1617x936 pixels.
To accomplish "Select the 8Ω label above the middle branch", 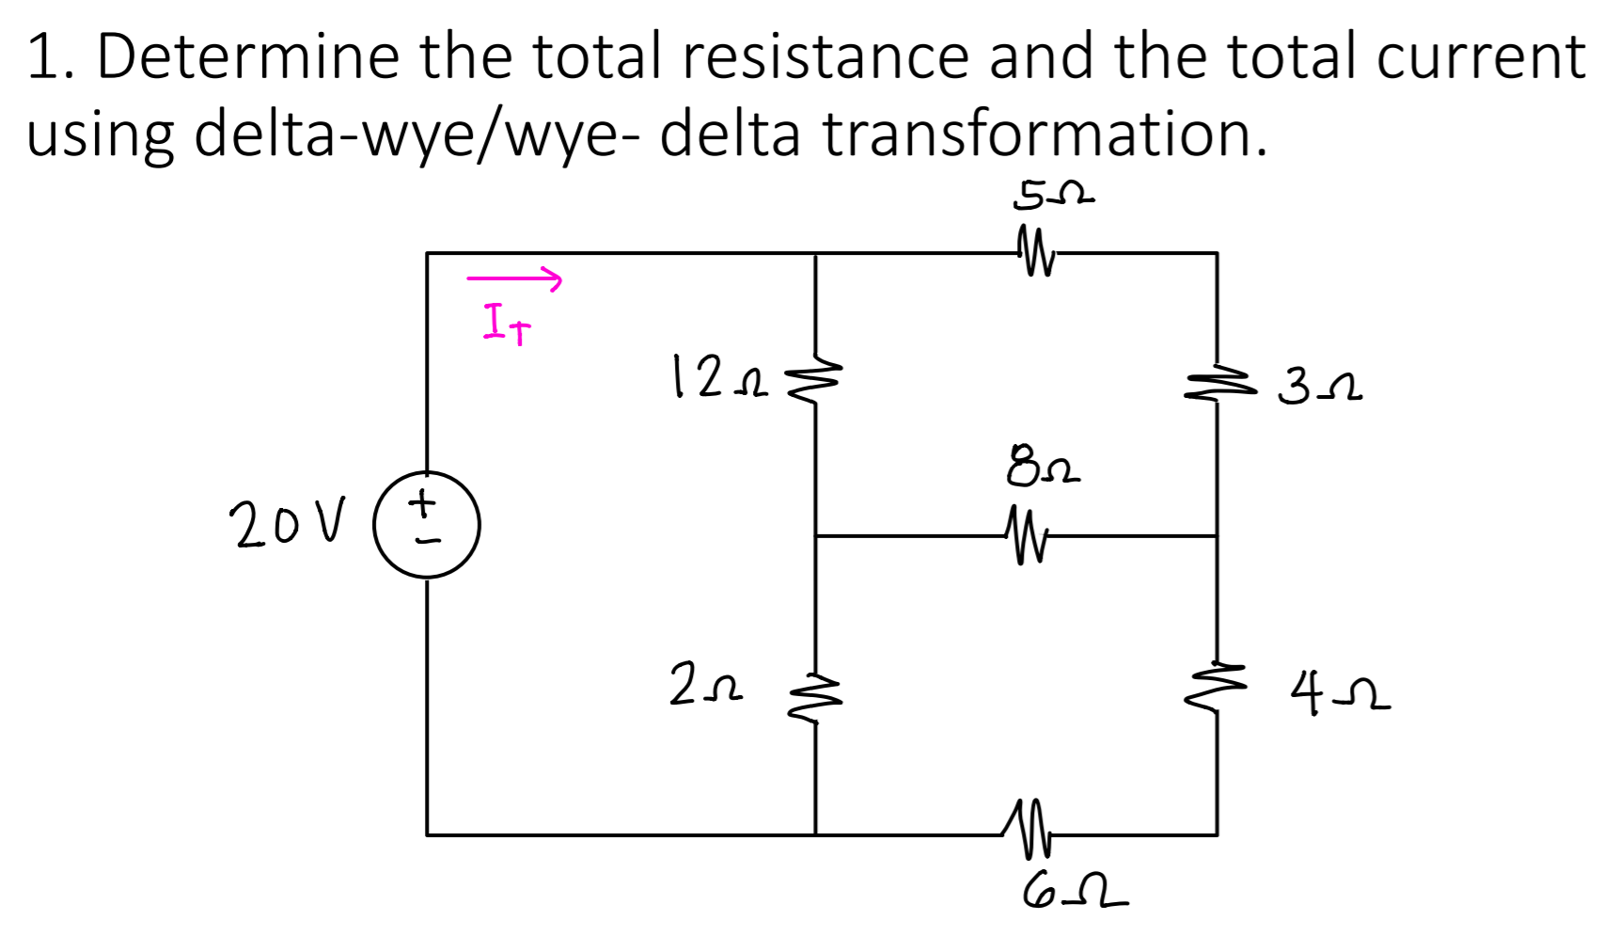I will (x=1043, y=467).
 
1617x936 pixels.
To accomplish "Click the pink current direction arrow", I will (x=514, y=278).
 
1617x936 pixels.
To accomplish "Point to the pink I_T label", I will (x=507, y=322).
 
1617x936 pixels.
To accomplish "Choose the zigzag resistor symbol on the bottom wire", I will (x=1027, y=830).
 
